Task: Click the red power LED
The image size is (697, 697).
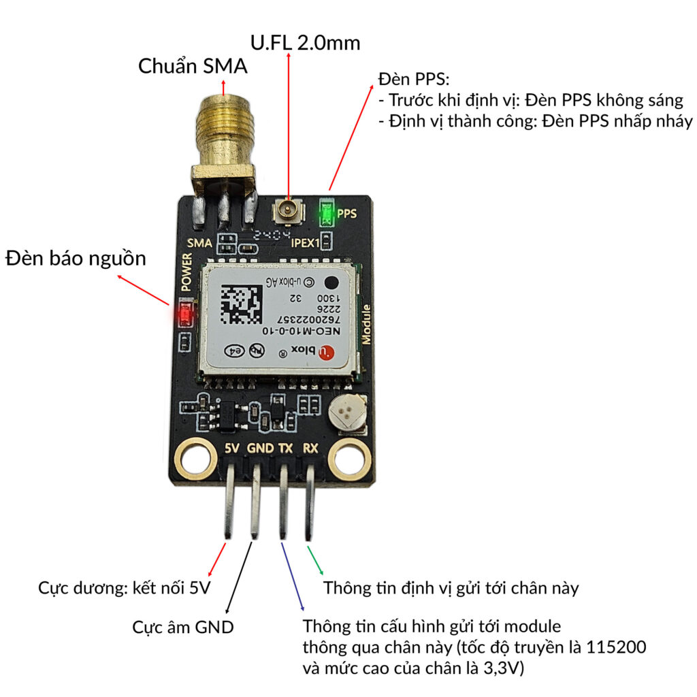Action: [x=184, y=314]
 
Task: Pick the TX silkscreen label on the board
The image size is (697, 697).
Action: [x=286, y=449]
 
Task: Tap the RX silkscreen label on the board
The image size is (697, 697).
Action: [x=310, y=449]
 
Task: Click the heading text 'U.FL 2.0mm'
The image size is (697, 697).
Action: [x=305, y=42]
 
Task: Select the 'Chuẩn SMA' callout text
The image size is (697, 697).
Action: [x=193, y=66]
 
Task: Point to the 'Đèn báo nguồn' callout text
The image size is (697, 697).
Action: [x=76, y=258]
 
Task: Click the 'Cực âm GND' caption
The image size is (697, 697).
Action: [x=182, y=626]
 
